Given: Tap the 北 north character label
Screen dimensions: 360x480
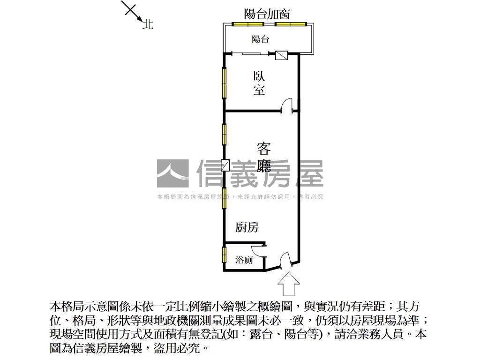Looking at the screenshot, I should pyautogui.click(x=148, y=24).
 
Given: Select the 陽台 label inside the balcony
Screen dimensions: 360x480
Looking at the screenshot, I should pyautogui.click(x=261, y=39).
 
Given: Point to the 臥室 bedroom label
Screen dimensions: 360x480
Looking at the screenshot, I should pyautogui.click(x=259, y=83).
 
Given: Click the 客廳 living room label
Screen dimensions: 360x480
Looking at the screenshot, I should pyautogui.click(x=264, y=157).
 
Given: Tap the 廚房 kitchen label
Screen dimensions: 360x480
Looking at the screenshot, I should pyautogui.click(x=247, y=228).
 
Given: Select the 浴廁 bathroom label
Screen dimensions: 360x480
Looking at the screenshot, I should pyautogui.click(x=244, y=260).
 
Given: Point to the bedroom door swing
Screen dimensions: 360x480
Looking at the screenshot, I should pyautogui.click(x=286, y=105).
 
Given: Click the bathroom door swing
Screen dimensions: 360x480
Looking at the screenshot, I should pyautogui.click(x=258, y=251).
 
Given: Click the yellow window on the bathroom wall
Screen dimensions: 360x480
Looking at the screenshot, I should pyautogui.click(x=225, y=256).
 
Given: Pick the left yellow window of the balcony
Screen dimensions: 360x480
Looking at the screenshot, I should pyautogui.click(x=248, y=24).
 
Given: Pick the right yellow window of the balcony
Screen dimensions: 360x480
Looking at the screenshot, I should pyautogui.click(x=291, y=24).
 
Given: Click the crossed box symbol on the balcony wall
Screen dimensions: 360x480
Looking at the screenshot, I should pyautogui.click(x=281, y=55).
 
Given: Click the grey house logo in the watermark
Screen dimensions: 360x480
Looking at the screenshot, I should pyautogui.click(x=172, y=173).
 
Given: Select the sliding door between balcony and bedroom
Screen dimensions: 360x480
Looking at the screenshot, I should pyautogui.click(x=251, y=54).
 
